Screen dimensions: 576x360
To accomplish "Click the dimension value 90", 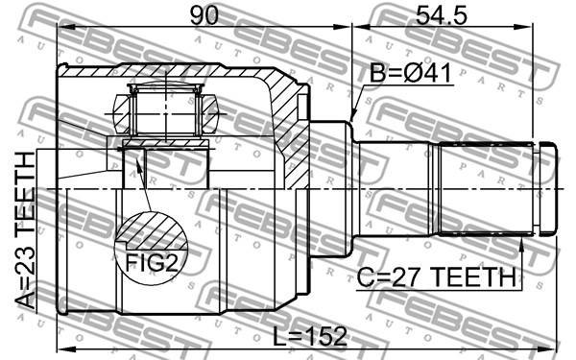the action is click(204, 15).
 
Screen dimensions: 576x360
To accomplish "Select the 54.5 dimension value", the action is click(442, 15).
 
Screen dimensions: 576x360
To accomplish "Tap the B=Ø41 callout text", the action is click(410, 73).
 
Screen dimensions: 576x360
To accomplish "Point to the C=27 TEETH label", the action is click(437, 277).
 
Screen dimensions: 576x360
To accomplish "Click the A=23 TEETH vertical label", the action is click(25, 230).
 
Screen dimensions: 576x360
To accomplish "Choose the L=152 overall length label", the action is click(311, 336).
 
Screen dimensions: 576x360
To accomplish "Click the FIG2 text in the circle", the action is click(152, 262).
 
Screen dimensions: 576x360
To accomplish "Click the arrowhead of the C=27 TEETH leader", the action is click(521, 244).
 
